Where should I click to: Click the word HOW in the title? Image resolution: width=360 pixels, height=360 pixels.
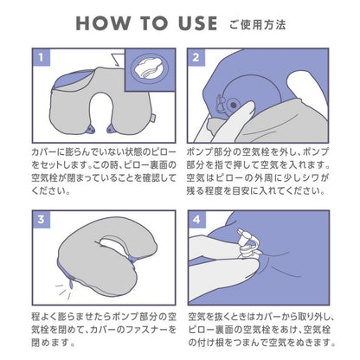(x=102, y=23)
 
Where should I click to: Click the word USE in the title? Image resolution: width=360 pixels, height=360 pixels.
(x=197, y=23)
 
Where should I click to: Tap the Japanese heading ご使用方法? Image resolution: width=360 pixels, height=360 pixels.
(x=257, y=24)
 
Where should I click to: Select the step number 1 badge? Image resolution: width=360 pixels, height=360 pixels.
(x=42, y=57)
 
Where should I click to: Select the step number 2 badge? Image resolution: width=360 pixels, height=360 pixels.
(x=196, y=57)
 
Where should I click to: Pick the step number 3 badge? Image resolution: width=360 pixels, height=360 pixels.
(x=42, y=220)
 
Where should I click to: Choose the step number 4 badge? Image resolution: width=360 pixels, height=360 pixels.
(x=196, y=220)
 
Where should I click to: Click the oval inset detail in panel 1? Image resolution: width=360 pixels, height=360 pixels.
(x=149, y=69)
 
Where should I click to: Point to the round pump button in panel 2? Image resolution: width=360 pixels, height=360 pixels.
(x=233, y=104)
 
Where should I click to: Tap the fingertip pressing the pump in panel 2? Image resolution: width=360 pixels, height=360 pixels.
(x=247, y=107)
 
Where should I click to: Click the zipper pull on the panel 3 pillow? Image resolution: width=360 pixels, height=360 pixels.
(x=71, y=285)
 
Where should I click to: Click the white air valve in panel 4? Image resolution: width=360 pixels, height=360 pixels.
(x=246, y=243)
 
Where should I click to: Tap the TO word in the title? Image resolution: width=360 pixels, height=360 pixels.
(x=154, y=23)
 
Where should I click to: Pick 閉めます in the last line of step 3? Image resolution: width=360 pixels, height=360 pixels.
(x=50, y=343)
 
